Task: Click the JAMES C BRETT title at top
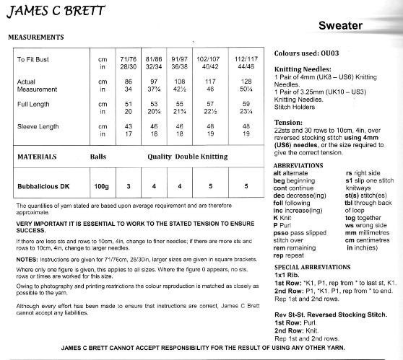pyautogui.click(x=56, y=12)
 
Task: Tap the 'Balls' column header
pyautogui.click(x=97, y=156)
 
